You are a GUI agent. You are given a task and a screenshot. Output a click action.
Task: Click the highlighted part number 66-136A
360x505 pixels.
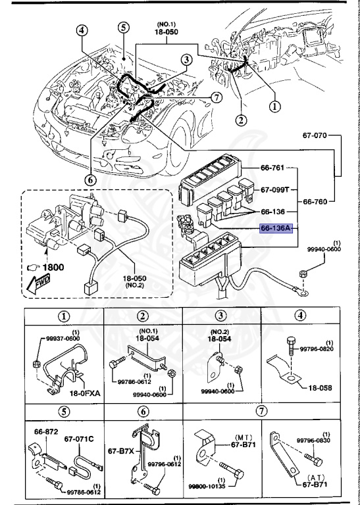(275, 229)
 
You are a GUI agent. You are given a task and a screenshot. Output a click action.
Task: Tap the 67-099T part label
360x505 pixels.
(274, 189)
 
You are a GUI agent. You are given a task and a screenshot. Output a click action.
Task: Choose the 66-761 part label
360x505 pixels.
(272, 168)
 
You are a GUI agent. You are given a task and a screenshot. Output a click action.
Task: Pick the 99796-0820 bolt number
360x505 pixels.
(322, 349)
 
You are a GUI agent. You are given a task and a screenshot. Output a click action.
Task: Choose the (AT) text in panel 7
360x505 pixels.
(322, 478)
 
